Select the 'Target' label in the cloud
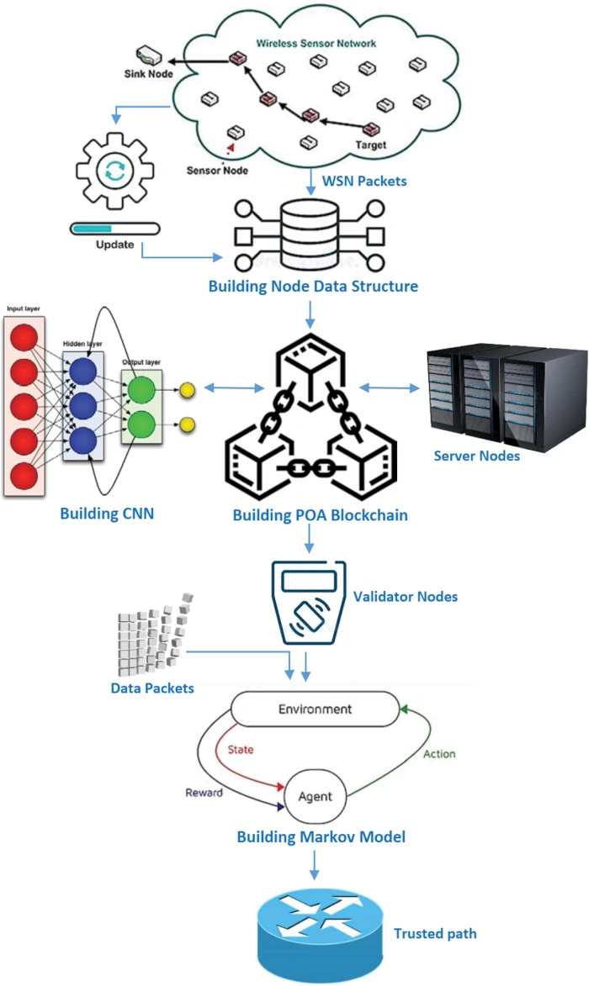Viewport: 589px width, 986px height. point(371,145)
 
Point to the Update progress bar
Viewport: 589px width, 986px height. point(114,227)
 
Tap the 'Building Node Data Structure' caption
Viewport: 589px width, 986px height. point(313,287)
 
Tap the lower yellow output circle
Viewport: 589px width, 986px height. point(188,424)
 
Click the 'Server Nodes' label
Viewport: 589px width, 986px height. point(476,456)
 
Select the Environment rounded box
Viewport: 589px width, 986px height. point(314,709)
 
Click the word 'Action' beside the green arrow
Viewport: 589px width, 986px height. point(438,754)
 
